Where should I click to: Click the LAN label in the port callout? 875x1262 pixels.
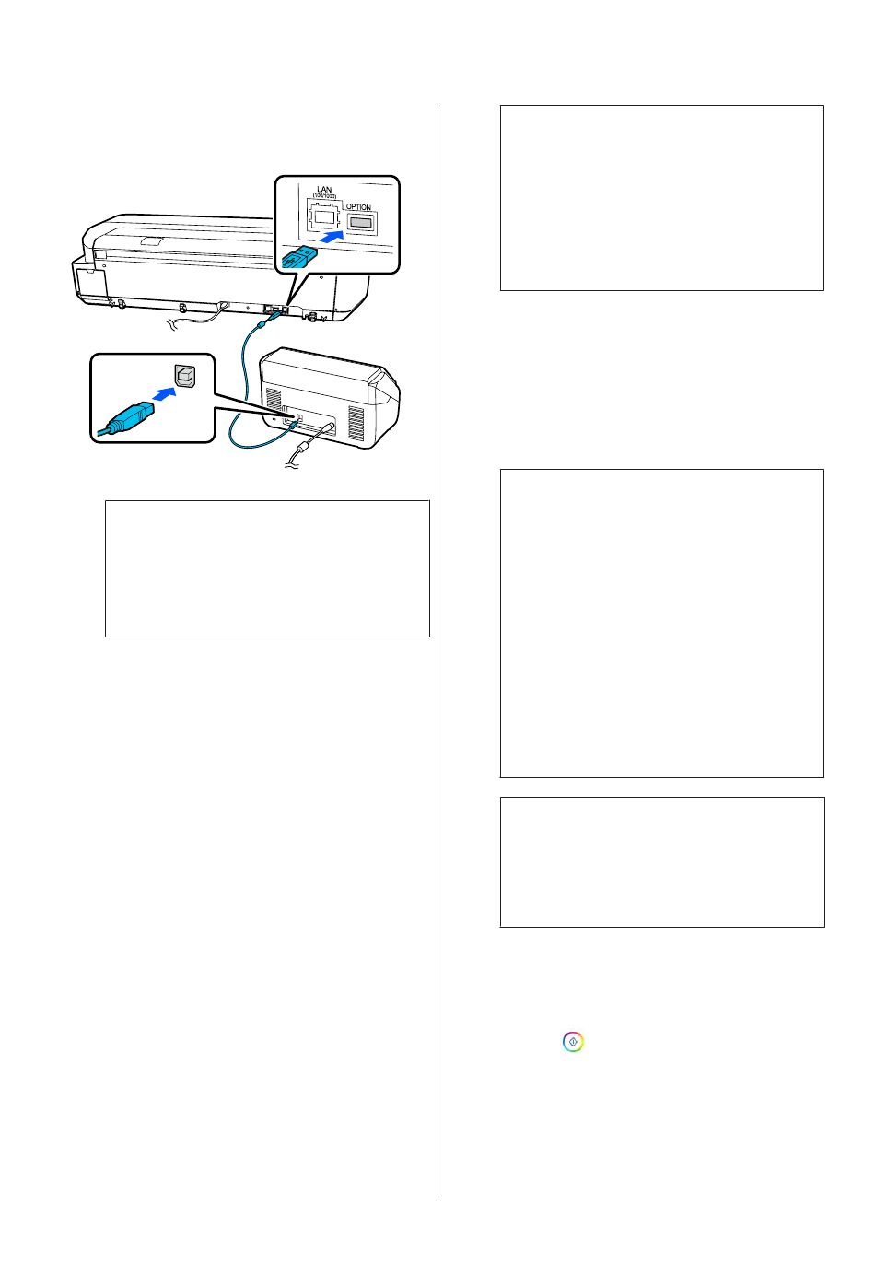(324, 190)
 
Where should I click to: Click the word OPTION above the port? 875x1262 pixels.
(358, 207)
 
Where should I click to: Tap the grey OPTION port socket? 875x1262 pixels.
(361, 223)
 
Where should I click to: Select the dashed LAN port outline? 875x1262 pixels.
(323, 215)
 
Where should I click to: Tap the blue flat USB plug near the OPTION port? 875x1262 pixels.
(298, 258)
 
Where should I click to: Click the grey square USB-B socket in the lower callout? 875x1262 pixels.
(185, 376)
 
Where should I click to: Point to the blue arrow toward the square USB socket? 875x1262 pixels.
(164, 394)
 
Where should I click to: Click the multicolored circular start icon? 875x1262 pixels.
(573, 1042)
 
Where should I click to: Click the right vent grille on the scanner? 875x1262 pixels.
(356, 423)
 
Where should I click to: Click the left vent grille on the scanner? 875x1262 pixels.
(274, 399)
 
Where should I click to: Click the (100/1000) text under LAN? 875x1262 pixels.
(324, 196)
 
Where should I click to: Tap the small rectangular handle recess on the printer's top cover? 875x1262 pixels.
(151, 241)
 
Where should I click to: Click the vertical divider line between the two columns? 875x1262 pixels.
(437, 653)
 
